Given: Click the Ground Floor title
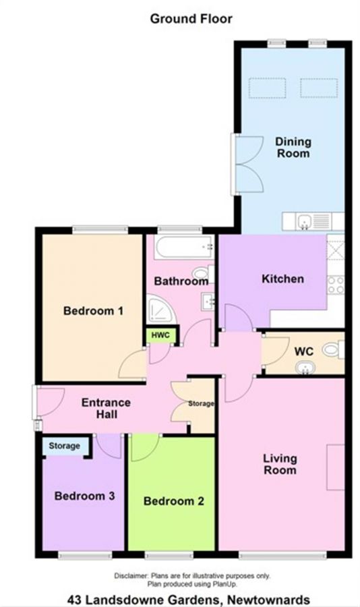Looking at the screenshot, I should click(191, 19).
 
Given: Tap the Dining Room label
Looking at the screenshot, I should click(293, 147).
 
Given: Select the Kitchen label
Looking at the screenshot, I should click(282, 279).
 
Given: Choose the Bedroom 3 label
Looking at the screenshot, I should click(84, 496).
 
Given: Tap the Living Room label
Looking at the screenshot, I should click(280, 465).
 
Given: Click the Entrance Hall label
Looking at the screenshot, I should click(106, 409).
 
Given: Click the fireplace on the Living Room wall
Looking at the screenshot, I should click(335, 467).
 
